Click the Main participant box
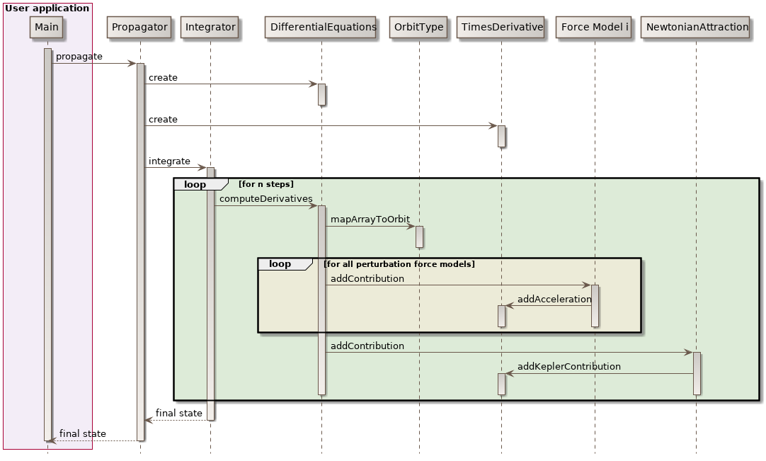click(x=47, y=28)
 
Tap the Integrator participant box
click(x=210, y=28)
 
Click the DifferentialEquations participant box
click(x=323, y=28)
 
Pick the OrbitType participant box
click(x=418, y=28)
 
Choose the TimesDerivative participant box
click(x=501, y=28)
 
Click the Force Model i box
click(x=594, y=28)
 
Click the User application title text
click(x=47, y=8)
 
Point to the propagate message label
click(x=79, y=57)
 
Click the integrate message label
click(x=169, y=161)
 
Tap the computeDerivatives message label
click(x=265, y=199)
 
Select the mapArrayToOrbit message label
click(x=370, y=220)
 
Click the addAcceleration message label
click(x=554, y=300)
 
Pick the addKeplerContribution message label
click(x=569, y=367)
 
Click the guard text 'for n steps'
click(x=266, y=185)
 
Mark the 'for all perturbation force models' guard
click(x=399, y=264)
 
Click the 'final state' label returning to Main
click(x=83, y=434)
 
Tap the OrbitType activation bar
click(x=419, y=237)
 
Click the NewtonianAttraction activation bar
click(x=697, y=373)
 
